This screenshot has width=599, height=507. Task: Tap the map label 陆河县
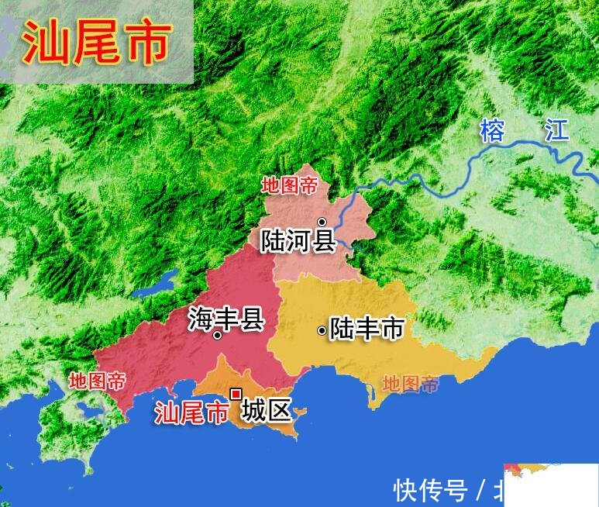pyautogui.click(x=298, y=240)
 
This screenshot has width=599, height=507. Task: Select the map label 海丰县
pyautogui.click(x=226, y=319)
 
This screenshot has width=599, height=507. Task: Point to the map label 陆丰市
pyautogui.click(x=367, y=329)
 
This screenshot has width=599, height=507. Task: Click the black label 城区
pyautogui.click(x=266, y=410)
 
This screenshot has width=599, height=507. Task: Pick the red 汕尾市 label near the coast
pyautogui.click(x=191, y=412)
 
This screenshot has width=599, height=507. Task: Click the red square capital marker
pyautogui.click(x=236, y=394)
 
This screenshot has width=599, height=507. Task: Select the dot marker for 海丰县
pyautogui.click(x=217, y=336)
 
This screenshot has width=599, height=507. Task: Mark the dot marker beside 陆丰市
pyautogui.click(x=322, y=331)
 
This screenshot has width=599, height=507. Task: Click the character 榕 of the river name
pyautogui.click(x=492, y=129)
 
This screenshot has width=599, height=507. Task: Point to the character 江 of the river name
pyautogui.click(x=556, y=129)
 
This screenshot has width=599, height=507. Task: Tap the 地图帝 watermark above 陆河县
pyautogui.click(x=290, y=185)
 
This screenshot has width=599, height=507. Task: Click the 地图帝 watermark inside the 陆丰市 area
pyautogui.click(x=411, y=383)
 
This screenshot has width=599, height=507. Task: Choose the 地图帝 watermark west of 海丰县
pyautogui.click(x=97, y=381)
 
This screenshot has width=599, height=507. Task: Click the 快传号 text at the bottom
pyautogui.click(x=430, y=490)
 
